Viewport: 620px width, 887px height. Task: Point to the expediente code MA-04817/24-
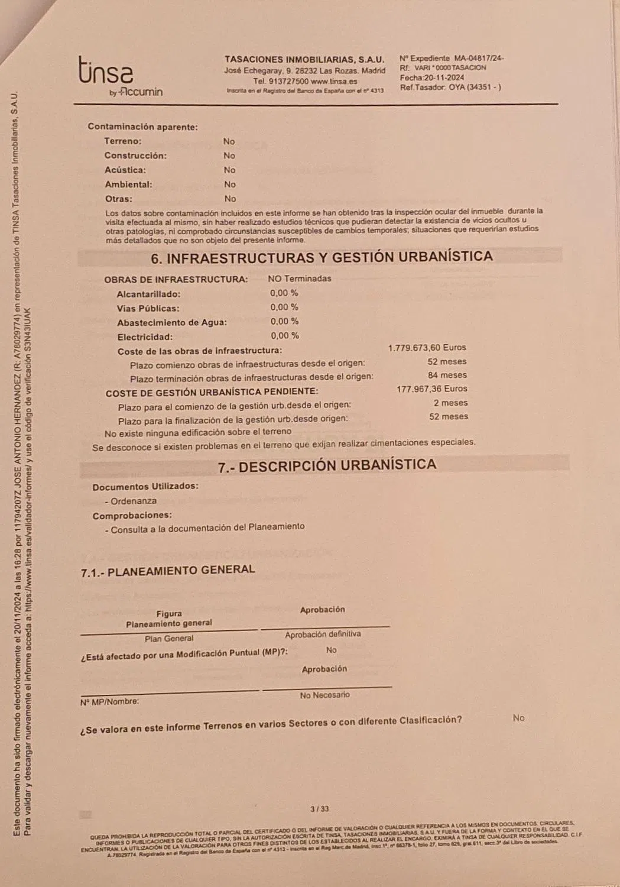pyautogui.click(x=478, y=58)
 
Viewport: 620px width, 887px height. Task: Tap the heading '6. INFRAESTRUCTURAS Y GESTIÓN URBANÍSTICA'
pyautogui.click(x=322, y=257)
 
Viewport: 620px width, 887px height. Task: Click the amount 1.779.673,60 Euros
pyautogui.click(x=427, y=348)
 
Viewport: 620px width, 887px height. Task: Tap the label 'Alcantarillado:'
pyautogui.click(x=148, y=294)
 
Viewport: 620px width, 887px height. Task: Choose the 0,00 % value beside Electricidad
pyautogui.click(x=284, y=335)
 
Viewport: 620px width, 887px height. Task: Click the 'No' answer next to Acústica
pyautogui.click(x=229, y=170)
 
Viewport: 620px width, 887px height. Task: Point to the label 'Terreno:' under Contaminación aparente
pyautogui.click(x=123, y=141)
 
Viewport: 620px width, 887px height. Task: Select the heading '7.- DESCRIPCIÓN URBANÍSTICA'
pyautogui.click(x=327, y=465)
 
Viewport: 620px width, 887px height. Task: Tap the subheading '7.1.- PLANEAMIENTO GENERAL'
pyautogui.click(x=168, y=571)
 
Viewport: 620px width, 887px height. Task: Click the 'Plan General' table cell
pyautogui.click(x=169, y=639)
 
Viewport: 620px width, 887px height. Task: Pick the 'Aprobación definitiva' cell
pyautogui.click(x=323, y=634)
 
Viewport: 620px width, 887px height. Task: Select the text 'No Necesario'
pyautogui.click(x=324, y=695)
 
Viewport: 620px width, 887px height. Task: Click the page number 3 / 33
pyautogui.click(x=319, y=809)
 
